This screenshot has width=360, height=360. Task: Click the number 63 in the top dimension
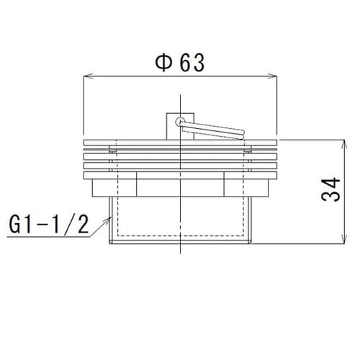point(191,63)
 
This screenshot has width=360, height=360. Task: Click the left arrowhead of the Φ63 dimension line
point(88,75)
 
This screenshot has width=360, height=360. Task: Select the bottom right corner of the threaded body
point(253,243)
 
